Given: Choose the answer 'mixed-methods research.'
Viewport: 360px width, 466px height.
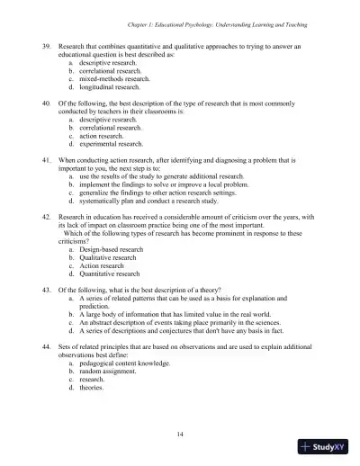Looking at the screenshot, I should (112, 76).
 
